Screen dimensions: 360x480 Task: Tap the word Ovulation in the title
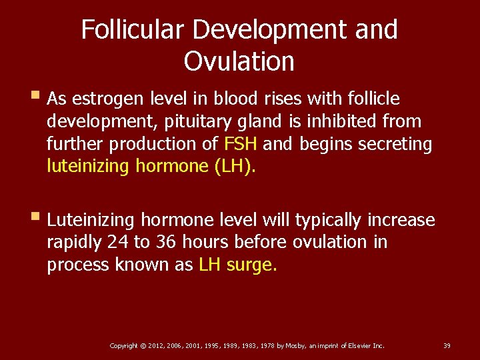(x=239, y=61)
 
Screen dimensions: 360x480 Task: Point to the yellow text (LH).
(x=235, y=166)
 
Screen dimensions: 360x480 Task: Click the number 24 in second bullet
(x=112, y=242)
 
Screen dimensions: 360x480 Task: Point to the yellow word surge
(x=251, y=265)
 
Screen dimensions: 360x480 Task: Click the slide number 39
(x=447, y=345)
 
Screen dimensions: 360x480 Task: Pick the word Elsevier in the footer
(x=358, y=345)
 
